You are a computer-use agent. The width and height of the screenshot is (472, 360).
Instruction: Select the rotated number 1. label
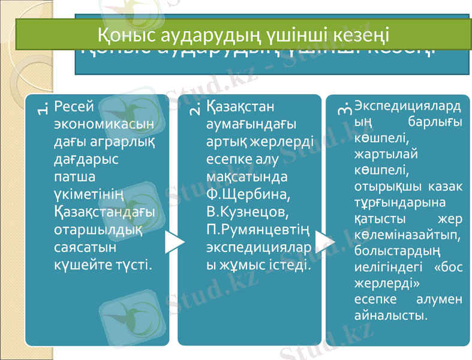[x=42, y=108]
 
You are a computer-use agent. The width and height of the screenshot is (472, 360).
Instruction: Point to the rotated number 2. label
[x=195, y=108]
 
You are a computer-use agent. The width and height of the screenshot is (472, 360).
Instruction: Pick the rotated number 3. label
[x=344, y=108]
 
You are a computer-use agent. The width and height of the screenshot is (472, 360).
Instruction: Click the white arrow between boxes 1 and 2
[x=173, y=241]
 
